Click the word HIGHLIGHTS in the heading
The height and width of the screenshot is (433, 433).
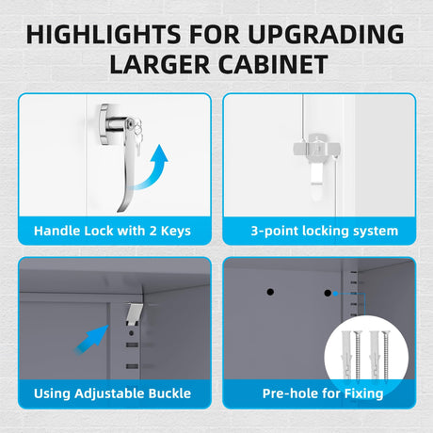coord(104,34)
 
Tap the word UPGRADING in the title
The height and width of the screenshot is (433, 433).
coord(326,34)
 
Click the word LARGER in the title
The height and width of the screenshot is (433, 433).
coord(160,64)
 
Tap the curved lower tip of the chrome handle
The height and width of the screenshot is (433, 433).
coord(120,210)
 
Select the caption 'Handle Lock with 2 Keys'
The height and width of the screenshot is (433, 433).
coord(112,231)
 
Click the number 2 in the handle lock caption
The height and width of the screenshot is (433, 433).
coord(152,231)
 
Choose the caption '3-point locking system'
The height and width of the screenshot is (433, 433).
coord(325,232)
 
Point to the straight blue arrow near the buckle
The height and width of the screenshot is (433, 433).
coord(91,339)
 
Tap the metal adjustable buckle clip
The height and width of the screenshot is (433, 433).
coord(135,313)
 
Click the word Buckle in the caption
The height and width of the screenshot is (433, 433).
coord(169,393)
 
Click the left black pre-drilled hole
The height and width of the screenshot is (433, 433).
coord(270,292)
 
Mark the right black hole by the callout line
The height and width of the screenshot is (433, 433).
coord(328,294)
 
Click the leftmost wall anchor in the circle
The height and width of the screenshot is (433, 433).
coord(346,355)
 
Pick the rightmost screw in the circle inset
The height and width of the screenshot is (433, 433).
coord(385,356)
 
